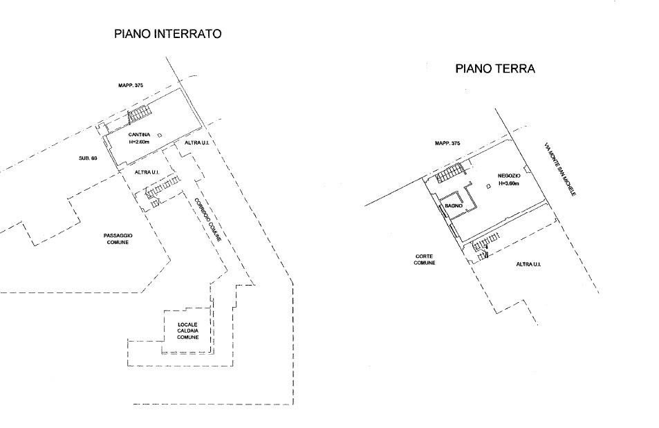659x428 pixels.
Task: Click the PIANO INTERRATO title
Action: pos(168,34)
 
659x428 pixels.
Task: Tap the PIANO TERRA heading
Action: pos(495,68)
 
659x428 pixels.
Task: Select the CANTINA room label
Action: pos(139,135)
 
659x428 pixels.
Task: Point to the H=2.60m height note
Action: pos(139,142)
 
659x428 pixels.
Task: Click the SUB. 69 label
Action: pos(88,158)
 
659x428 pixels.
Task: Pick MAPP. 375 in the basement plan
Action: pos(131,85)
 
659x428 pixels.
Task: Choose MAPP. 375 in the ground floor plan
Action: pos(447,143)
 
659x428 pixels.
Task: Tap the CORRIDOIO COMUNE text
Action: pos(207,219)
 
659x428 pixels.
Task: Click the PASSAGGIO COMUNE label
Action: pos(118,239)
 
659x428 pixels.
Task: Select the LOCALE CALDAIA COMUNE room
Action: pos(187,331)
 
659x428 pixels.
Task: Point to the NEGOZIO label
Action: pos(509,176)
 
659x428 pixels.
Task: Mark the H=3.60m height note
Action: pos(509,183)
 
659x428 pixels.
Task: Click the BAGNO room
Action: pos(454,206)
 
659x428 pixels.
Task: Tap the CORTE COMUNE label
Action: pos(424,259)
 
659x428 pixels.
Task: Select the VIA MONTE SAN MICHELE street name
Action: pos(560,169)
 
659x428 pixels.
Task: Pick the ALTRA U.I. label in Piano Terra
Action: pos(528,264)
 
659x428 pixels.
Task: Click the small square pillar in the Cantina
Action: pos(159,136)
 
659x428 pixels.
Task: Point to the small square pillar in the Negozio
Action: pos(488,186)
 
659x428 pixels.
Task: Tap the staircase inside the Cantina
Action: pos(139,113)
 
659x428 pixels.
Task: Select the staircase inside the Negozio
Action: pos(449,174)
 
